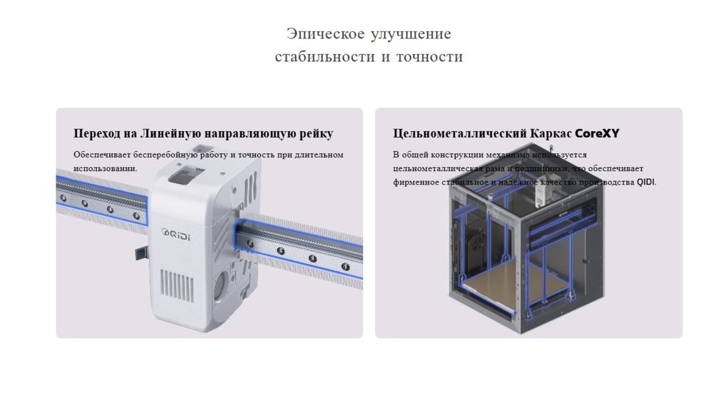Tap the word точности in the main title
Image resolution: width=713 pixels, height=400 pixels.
[x=432, y=56]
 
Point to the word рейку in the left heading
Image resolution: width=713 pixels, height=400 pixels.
[x=314, y=133]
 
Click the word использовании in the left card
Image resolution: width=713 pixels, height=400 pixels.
[x=104, y=168]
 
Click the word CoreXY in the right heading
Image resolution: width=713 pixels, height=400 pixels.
[x=597, y=133]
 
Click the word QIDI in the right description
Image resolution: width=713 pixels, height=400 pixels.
[x=645, y=182]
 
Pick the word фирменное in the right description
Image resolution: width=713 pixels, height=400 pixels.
[x=415, y=182]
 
